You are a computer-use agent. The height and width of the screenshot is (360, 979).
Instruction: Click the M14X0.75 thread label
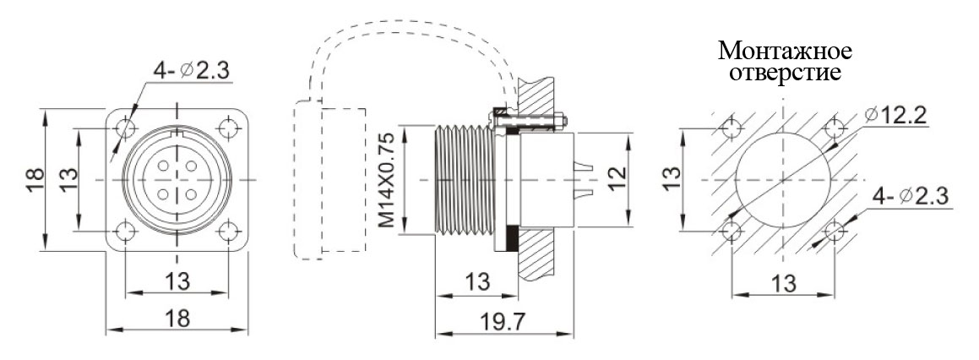pos(386,180)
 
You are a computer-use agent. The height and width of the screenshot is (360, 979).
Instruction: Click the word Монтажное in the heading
pos(785,52)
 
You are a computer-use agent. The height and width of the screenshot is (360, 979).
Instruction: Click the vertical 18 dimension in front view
pos(34,179)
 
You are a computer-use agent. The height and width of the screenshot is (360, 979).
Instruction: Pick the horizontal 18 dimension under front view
pos(177,319)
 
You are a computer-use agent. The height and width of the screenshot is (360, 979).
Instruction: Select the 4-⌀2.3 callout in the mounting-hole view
pos(911,197)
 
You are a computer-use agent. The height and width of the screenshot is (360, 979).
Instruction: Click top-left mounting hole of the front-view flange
pos(126,128)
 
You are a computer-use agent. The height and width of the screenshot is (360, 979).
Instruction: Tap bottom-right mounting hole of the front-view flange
pos(229,232)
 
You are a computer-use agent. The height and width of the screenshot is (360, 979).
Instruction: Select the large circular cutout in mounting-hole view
pos(784,181)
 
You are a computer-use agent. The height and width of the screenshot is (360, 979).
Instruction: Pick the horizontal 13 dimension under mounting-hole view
pos(784,283)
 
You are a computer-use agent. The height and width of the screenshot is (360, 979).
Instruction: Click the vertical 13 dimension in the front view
pos(69,178)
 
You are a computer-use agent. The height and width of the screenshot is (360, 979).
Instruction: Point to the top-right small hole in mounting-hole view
pos(835,129)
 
